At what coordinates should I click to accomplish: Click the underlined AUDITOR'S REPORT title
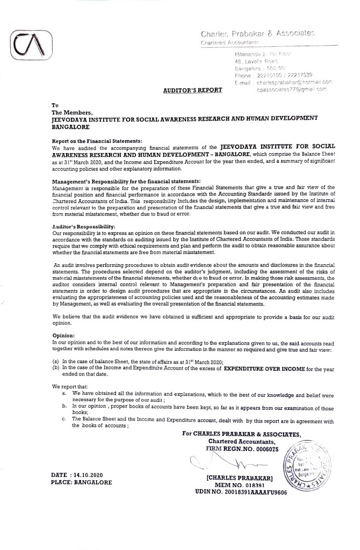click(193, 90)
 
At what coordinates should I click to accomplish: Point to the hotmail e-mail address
click(294, 82)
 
